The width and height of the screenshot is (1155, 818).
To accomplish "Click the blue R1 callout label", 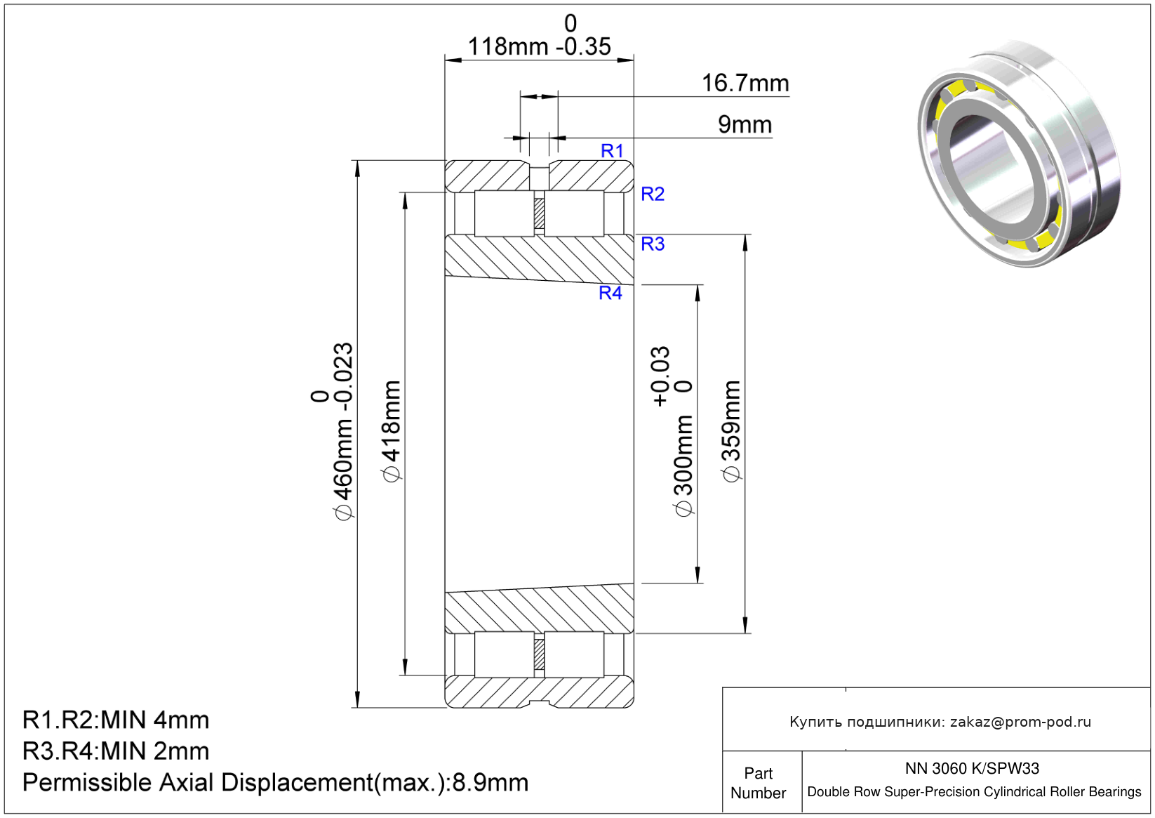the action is (612, 151).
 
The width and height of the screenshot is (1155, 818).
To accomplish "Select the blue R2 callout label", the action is (653, 194).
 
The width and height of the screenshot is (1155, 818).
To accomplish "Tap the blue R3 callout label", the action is (653, 244).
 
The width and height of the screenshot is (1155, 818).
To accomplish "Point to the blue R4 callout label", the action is (610, 293).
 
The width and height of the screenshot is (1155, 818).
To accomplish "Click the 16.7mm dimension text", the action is (745, 83).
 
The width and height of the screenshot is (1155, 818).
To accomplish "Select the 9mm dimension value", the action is (745, 124).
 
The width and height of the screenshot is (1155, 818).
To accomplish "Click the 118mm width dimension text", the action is (507, 46).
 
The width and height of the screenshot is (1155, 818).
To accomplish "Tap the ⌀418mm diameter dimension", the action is (392, 431).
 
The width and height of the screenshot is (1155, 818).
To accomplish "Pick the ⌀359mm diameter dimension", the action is (732, 431).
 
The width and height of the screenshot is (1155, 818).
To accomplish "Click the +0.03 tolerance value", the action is (660, 376).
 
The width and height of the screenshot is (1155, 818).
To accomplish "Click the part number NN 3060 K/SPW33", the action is (972, 768).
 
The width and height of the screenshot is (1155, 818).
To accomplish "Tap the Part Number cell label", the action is (758, 783).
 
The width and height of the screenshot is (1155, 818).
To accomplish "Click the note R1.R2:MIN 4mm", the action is (116, 720).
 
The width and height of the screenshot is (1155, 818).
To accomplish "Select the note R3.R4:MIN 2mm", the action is (116, 751).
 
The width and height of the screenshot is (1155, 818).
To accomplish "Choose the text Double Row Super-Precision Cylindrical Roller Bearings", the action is (974, 792).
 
